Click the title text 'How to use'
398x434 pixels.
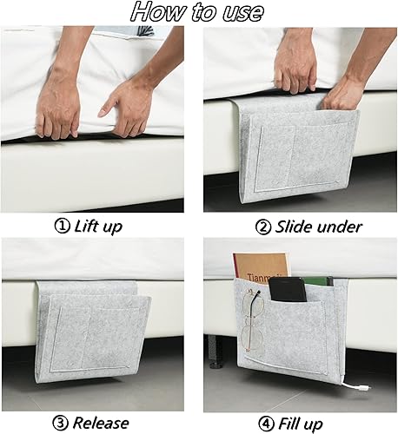pyautogui.click(x=199, y=12)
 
